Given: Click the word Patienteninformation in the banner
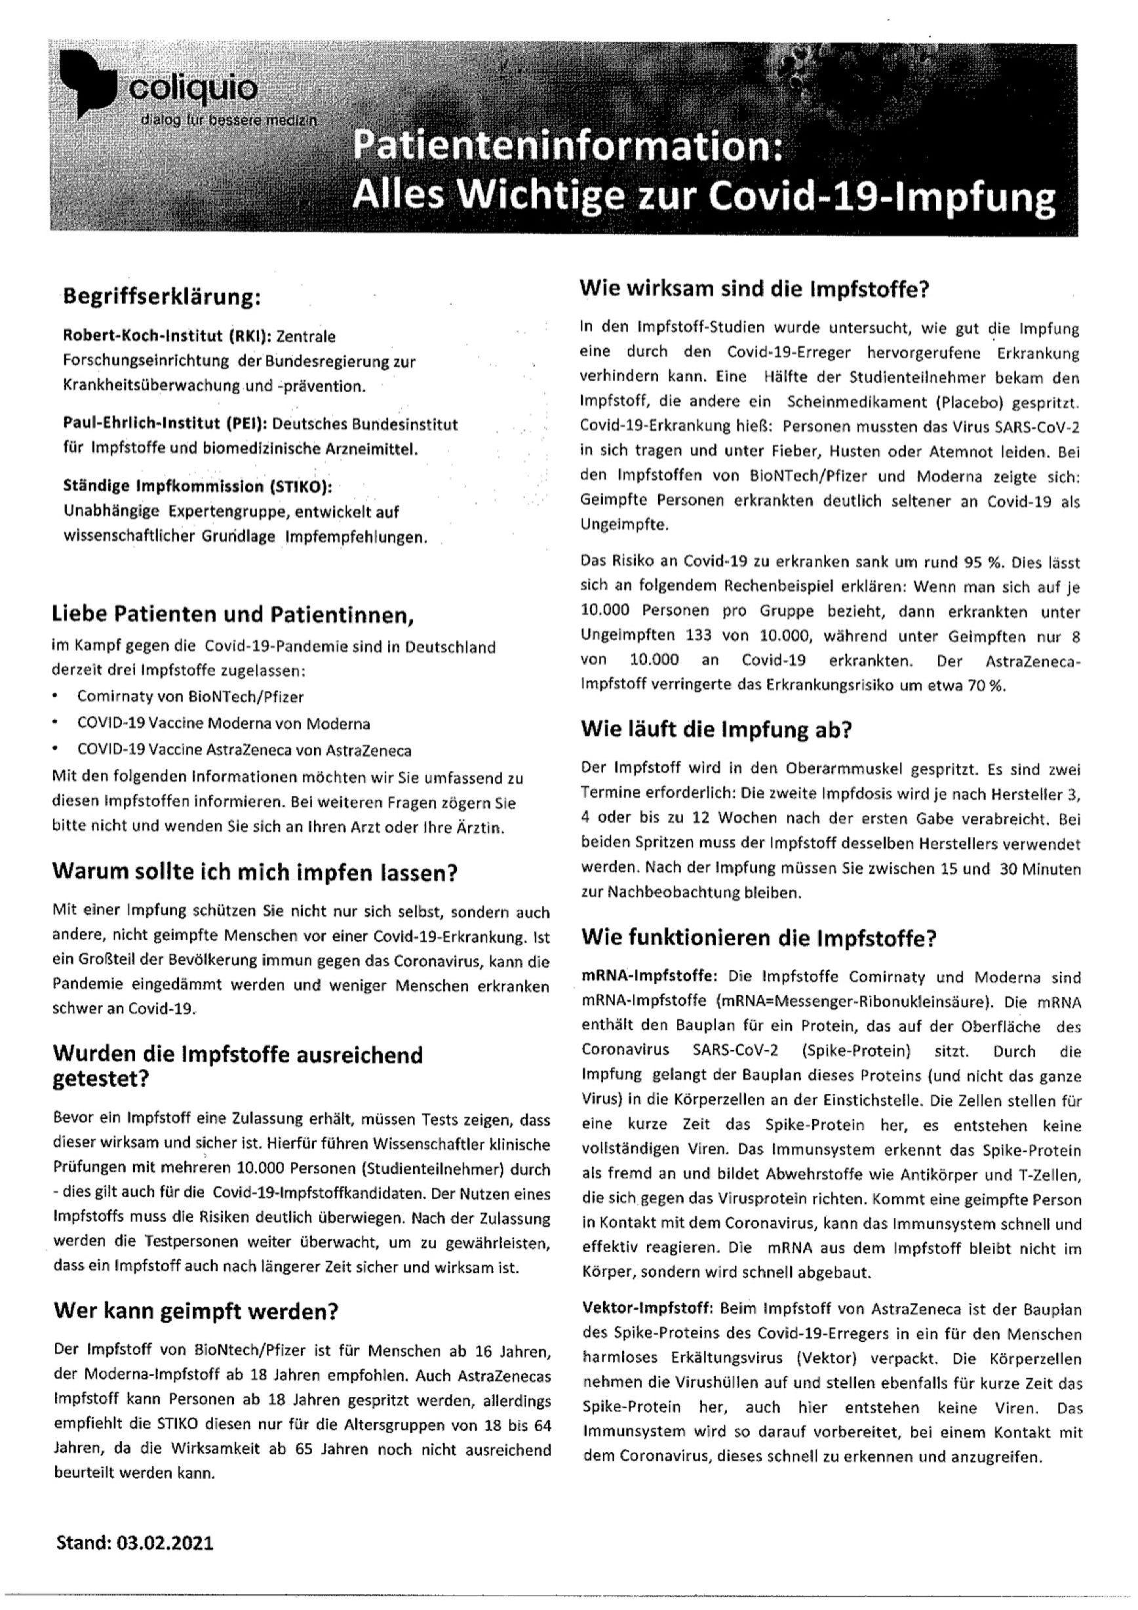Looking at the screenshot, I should [566, 148].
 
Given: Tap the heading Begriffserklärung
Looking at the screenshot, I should [162, 296].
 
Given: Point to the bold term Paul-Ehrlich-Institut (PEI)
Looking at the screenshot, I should [164, 424].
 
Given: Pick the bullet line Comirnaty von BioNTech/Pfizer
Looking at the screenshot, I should [190, 696].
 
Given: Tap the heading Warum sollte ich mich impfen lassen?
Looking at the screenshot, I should [255, 873].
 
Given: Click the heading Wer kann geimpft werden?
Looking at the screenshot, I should [195, 1311].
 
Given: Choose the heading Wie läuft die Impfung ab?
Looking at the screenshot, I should [716, 730].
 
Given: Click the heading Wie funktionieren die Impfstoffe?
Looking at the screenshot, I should [758, 938].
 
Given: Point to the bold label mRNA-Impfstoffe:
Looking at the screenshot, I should [649, 977].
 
